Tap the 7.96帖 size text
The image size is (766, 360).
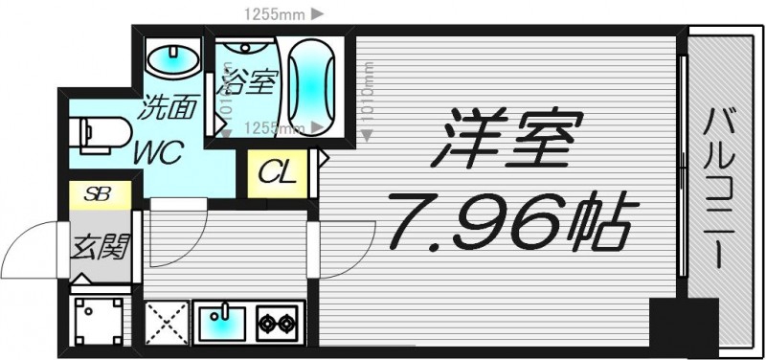(507, 223)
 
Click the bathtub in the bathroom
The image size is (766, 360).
(313, 87)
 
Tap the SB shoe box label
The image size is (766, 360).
(99, 192)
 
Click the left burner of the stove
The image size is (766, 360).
(265, 325)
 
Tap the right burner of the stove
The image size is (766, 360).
(286, 325)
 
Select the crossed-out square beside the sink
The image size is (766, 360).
(167, 324)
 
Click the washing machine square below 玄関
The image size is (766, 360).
(100, 322)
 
